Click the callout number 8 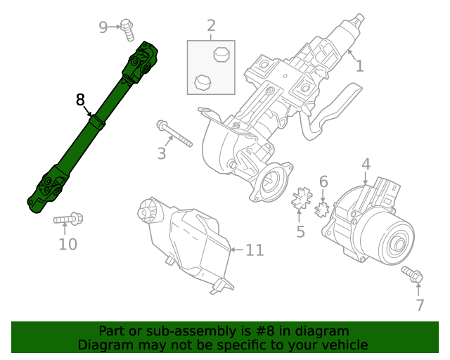[x=80, y=100]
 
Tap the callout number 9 [x=103, y=27]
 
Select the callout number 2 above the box [x=211, y=27]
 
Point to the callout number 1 [x=359, y=66]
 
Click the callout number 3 [x=162, y=153]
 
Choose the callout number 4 [x=366, y=165]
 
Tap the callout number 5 [x=300, y=231]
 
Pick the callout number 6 [x=323, y=182]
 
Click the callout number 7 [x=420, y=304]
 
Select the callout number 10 [x=67, y=244]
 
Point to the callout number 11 [x=254, y=250]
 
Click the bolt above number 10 [x=68, y=220]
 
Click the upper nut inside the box [x=220, y=55]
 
